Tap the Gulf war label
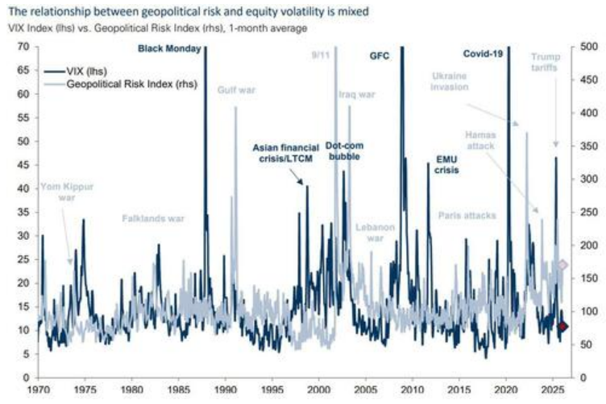[236, 90]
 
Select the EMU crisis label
[446, 164]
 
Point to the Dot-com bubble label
[342, 151]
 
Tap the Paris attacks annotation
[467, 216]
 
